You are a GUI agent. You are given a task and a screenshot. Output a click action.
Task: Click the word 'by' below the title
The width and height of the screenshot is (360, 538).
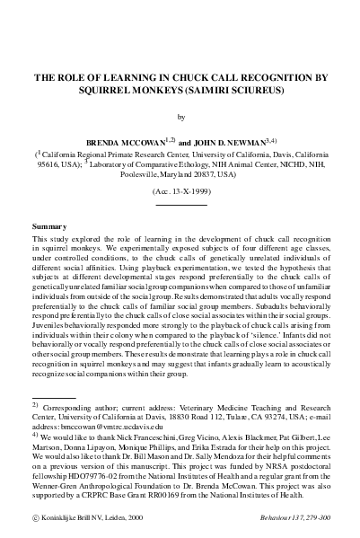pyautogui.click(x=180, y=117)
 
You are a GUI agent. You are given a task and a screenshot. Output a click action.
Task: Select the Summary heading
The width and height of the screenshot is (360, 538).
pyautogui.click(x=48, y=226)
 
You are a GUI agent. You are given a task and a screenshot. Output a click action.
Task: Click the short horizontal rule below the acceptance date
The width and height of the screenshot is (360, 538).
pyautogui.click(x=180, y=206)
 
